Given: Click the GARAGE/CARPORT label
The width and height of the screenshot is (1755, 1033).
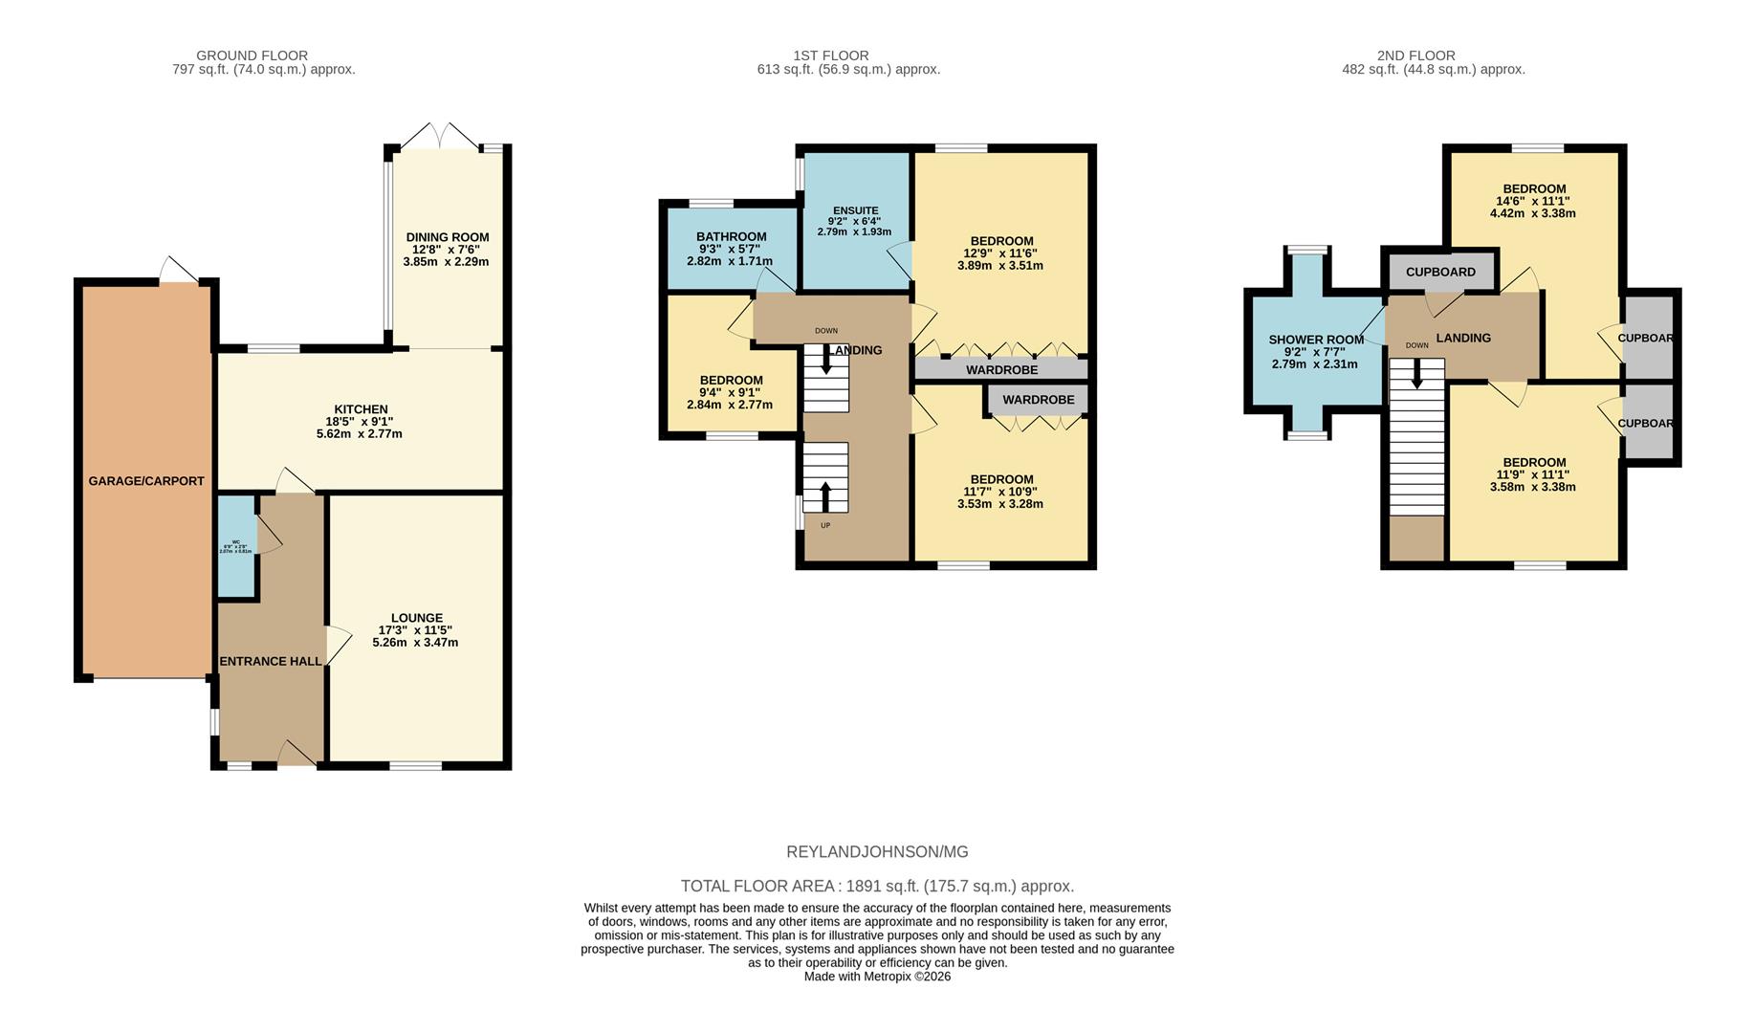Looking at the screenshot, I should [145, 481].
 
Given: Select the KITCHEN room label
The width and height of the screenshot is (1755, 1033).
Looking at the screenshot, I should [360, 409].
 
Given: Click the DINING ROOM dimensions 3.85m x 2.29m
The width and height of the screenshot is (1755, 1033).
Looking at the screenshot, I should [446, 261].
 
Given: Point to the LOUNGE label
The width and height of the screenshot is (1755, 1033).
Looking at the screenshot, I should [416, 618].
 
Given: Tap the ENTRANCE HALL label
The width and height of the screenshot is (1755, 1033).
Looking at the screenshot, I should [271, 661].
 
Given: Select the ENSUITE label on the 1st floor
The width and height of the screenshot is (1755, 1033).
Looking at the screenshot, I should [855, 210].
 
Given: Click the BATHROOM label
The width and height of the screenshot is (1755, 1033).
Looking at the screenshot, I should [731, 236].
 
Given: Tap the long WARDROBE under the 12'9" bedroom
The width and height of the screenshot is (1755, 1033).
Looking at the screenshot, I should [1000, 369].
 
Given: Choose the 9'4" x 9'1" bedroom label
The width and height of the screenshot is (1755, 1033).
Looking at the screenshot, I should [731, 380].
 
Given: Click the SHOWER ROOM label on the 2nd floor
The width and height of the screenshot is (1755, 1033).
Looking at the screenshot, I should [1315, 340].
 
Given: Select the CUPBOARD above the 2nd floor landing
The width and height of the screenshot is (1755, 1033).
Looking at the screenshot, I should [1439, 272].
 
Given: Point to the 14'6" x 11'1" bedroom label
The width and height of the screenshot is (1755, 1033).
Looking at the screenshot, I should [1533, 188].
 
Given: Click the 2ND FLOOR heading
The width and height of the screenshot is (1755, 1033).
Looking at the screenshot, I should [1415, 55].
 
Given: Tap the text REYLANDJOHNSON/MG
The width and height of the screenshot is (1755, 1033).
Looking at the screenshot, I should [876, 851].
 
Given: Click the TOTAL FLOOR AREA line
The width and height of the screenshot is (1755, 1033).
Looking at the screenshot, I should [876, 886].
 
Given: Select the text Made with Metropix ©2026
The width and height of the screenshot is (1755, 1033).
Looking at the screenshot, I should [876, 977].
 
